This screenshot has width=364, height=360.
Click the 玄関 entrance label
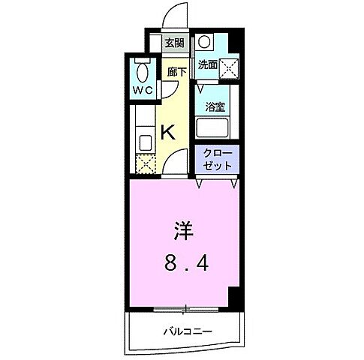tap(174, 43)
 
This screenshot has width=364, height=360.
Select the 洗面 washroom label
tap(207, 65)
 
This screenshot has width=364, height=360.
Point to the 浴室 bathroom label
tap(215, 106)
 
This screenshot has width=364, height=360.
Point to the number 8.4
tap(184, 263)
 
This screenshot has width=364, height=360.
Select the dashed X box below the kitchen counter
tap(143, 161)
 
